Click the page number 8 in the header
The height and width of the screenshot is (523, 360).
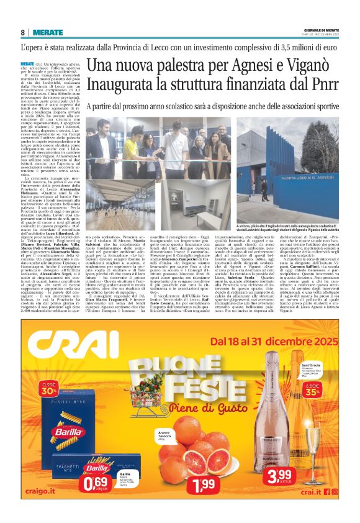[23, 32]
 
